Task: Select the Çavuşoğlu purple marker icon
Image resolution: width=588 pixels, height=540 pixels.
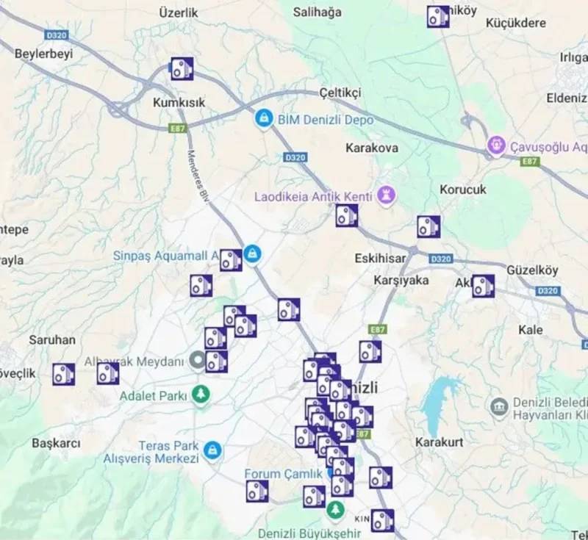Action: tap(498, 145)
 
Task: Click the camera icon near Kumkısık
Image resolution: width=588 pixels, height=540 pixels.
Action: tap(182, 69)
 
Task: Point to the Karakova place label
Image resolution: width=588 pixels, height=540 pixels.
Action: tap(372, 148)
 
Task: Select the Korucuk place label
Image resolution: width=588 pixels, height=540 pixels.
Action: tap(463, 189)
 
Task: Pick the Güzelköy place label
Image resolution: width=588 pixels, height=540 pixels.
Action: tap(532, 270)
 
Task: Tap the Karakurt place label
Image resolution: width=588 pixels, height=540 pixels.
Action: tap(439, 442)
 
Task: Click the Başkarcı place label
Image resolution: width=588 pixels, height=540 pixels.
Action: tap(56, 443)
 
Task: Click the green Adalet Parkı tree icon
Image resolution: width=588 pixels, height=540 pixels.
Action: tap(200, 395)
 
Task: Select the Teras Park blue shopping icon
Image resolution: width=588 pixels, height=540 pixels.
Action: tap(212, 450)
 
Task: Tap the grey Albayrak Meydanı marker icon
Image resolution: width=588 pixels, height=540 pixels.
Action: tap(197, 360)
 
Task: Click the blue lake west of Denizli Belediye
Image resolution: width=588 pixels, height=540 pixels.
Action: tap(439, 397)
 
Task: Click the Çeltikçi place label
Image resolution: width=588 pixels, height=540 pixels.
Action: tap(341, 93)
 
